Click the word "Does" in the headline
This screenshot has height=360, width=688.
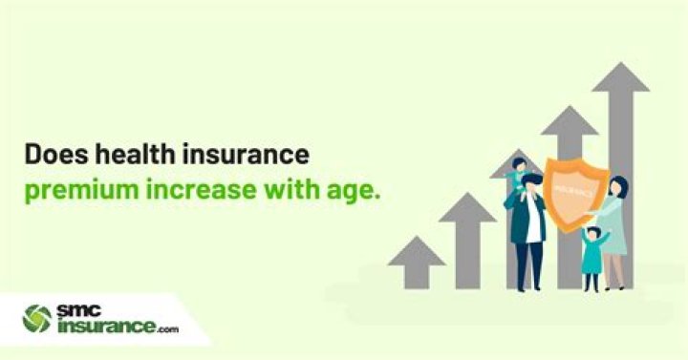pyautogui.click(x=54, y=155)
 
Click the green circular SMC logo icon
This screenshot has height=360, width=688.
pyautogui.click(x=37, y=318)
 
